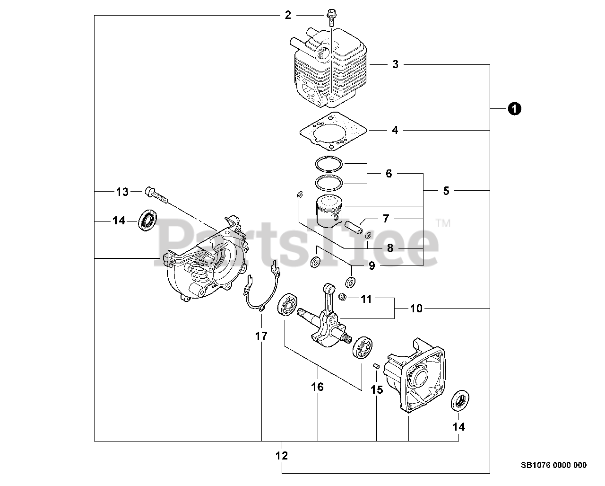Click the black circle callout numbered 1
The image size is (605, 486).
pos(514,109)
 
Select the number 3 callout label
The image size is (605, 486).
pos(395,64)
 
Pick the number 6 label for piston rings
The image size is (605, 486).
pos(389,174)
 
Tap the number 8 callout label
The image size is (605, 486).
pos(390,248)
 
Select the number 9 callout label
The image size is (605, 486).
pos(372,265)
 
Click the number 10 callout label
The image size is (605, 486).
pos(416,309)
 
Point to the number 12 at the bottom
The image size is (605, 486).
pos(282,456)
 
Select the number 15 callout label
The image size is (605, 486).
pos(376,390)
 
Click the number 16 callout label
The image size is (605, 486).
pos(318,387)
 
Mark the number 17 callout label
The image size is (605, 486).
pos(261,336)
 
